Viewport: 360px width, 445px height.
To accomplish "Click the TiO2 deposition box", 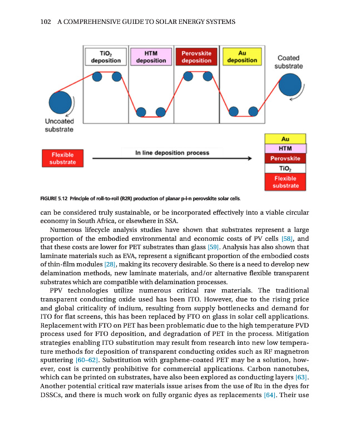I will [x=106, y=57].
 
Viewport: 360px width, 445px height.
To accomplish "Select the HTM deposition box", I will [x=151, y=57].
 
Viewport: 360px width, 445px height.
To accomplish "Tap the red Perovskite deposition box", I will [x=196, y=57].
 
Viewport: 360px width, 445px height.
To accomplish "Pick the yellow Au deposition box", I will [x=242, y=57].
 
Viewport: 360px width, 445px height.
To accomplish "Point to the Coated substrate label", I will [x=288, y=62].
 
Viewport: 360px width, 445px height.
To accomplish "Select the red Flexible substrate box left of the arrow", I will [x=62, y=158].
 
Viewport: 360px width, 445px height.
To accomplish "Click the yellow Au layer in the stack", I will [x=285, y=139].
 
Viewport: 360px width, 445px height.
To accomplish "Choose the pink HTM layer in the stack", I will [x=285, y=149].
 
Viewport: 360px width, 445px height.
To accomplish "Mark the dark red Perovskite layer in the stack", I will [x=285, y=158].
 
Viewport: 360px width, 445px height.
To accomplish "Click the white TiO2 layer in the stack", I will [x=285, y=167].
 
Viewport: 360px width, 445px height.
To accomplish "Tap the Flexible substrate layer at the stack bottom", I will [x=285, y=181].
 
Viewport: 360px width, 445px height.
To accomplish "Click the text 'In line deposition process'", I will [x=172, y=152].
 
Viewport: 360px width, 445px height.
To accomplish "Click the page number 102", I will [x=46, y=22].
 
